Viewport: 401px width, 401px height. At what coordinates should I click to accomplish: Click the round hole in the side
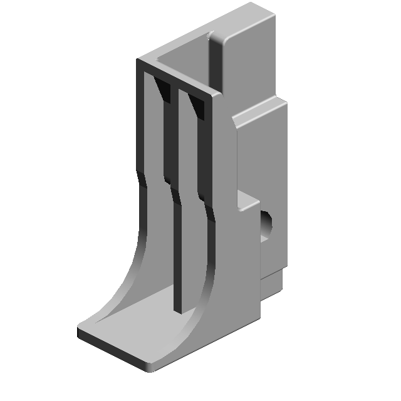[x=266, y=226]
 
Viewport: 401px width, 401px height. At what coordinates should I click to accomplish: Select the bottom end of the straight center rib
[x=179, y=307]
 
